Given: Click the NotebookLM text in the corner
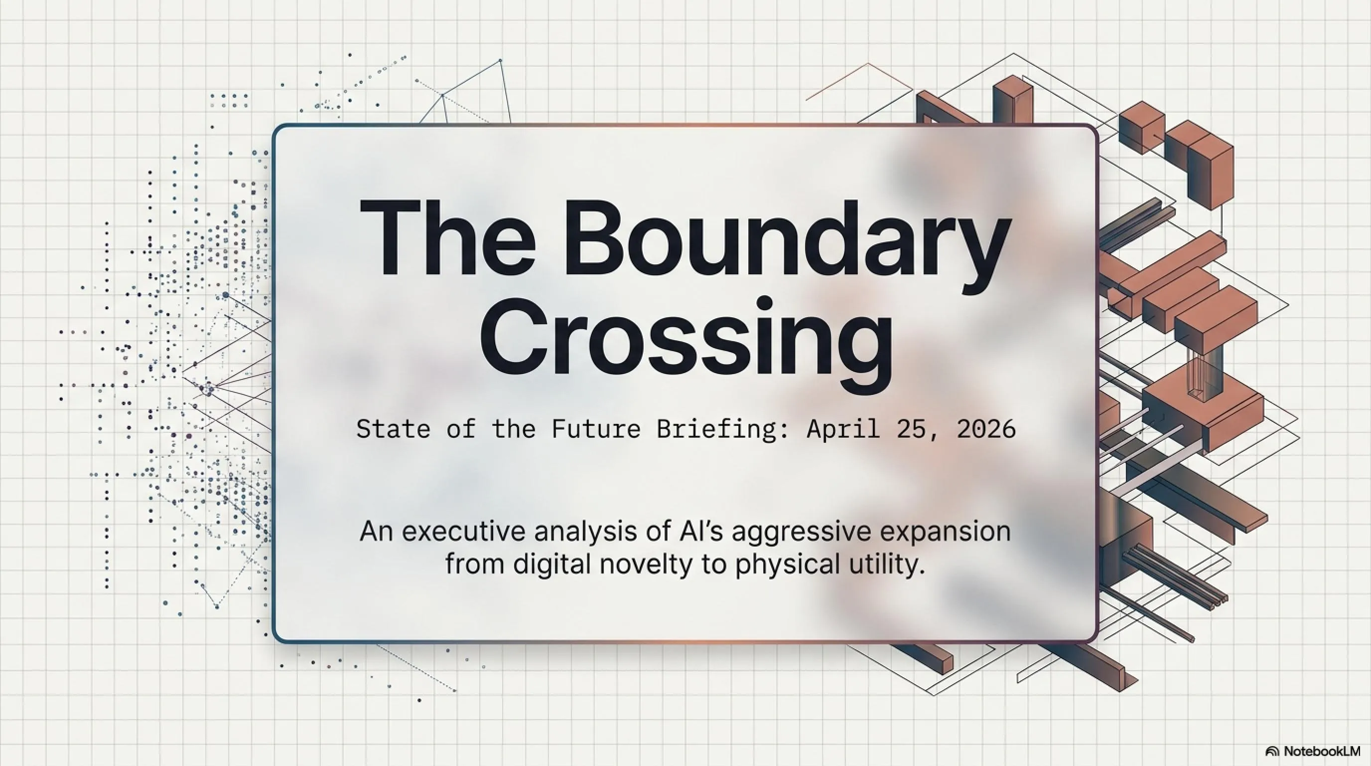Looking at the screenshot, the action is tap(1322, 751).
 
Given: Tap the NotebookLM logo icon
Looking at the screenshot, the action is tap(1272, 752).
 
